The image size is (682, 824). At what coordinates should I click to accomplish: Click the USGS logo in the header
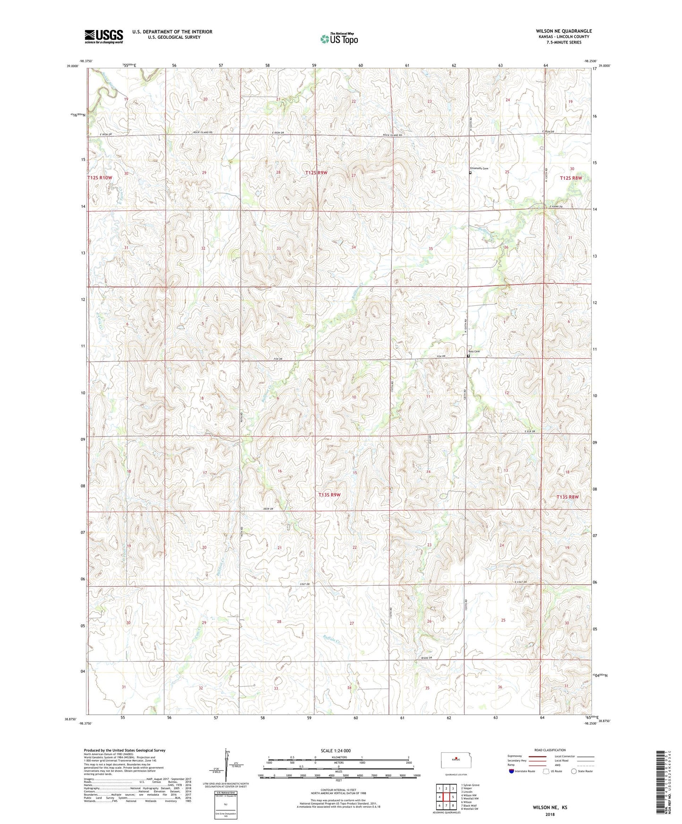coord(103,36)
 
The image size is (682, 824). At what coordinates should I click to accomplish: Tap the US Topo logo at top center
coord(339,39)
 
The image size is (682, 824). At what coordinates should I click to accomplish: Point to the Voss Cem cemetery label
coord(473,351)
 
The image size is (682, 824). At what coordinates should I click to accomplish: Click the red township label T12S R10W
coord(100,177)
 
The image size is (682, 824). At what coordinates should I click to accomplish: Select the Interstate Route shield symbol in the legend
coord(512,771)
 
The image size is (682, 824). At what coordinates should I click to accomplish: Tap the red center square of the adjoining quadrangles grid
coord(446,797)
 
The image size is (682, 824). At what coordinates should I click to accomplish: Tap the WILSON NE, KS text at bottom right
coord(550,807)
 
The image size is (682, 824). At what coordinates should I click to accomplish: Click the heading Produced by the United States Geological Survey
coord(125,750)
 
